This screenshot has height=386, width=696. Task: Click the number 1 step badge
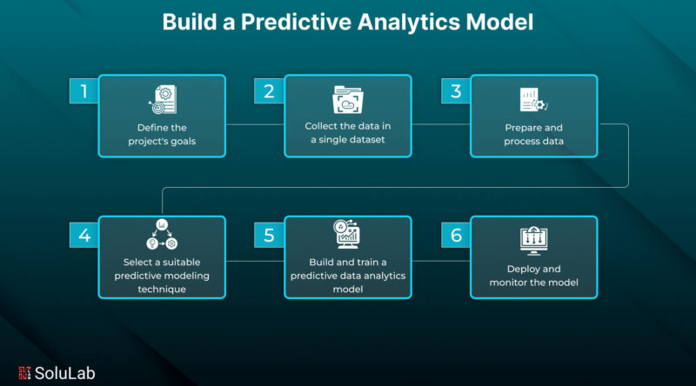(84, 91)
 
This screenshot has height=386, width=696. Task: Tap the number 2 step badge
(269, 91)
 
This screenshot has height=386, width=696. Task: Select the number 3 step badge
(456, 91)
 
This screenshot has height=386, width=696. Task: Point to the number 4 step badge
(84, 235)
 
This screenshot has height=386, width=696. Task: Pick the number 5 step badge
(269, 235)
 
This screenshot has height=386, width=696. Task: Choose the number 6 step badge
(456, 235)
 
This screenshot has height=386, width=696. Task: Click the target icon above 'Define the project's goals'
(163, 100)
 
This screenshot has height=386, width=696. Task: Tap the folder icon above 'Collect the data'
(348, 99)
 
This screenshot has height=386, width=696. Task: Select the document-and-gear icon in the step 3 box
(533, 100)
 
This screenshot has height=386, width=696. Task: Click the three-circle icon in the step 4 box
(162, 234)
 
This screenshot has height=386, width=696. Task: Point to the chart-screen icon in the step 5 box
(346, 234)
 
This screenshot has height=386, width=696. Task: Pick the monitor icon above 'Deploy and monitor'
(533, 241)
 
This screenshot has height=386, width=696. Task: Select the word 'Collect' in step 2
(321, 126)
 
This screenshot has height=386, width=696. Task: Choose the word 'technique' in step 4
(162, 289)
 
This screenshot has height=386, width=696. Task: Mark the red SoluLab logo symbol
(24, 373)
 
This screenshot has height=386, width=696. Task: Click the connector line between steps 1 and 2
(255, 124)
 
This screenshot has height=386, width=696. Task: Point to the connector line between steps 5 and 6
(441, 261)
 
